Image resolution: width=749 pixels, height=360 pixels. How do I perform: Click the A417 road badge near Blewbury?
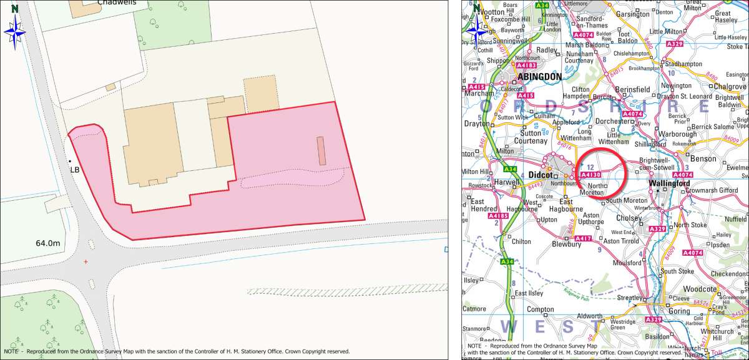pos(582,238)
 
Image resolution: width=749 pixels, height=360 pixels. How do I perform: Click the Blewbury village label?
pos(567,245)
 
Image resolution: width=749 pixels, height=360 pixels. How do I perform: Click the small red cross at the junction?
pos(86,261)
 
